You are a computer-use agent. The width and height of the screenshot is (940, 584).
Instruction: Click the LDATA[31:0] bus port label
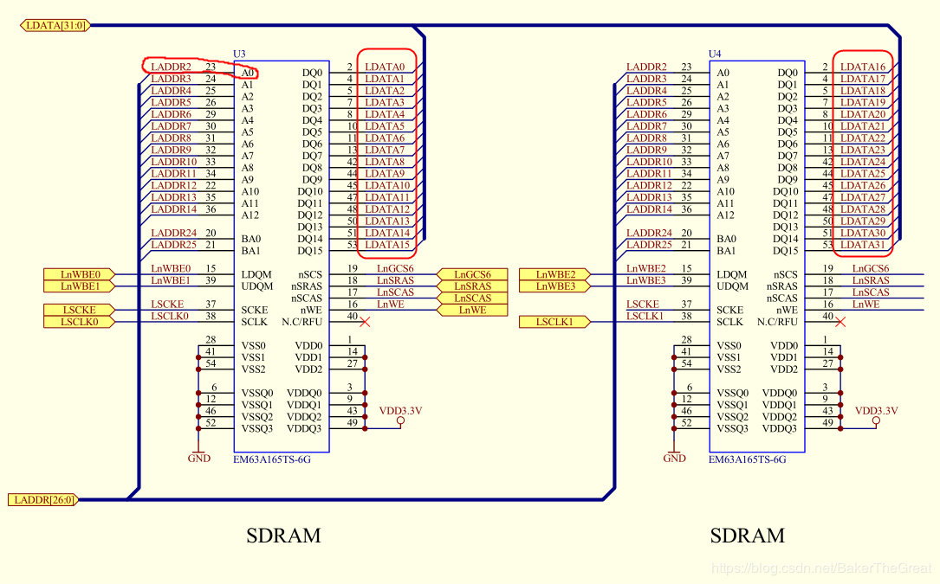pos(54,25)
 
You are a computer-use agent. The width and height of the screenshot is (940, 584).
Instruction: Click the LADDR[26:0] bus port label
pos(42,499)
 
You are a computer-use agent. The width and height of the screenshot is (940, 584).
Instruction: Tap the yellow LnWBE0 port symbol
pos(81,274)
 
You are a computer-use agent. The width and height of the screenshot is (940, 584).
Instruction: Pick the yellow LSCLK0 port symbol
pos(81,322)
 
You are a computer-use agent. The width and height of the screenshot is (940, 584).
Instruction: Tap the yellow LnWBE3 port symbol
pos(556,286)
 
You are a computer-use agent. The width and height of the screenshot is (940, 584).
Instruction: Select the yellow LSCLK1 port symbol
pos(556,322)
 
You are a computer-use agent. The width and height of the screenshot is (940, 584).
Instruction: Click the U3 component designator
pos(240,54)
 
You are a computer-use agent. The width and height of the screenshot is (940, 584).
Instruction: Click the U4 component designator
pos(715,54)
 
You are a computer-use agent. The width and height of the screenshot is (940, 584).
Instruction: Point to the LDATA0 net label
pos(385,67)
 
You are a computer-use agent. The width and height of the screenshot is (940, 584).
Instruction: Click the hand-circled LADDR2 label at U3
pos(171,67)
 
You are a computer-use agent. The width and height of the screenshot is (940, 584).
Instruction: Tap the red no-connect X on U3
pos(365,322)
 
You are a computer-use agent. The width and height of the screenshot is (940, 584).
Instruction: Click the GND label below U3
pos(199,459)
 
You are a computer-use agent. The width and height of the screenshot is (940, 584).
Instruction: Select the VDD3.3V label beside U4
pos(876,411)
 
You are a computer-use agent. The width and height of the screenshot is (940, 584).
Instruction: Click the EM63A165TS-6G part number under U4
pos(747,460)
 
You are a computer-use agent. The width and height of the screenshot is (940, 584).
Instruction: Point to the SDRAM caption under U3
pos(284,536)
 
